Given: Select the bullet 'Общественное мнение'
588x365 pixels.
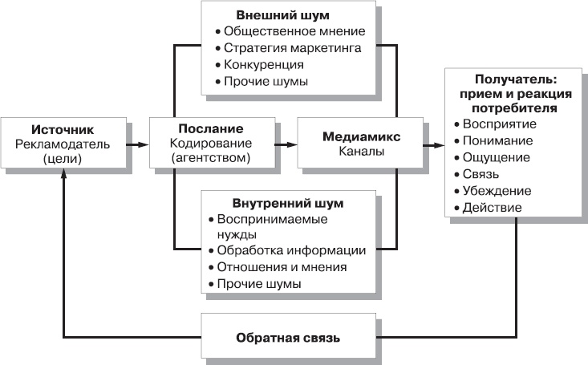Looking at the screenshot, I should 294,31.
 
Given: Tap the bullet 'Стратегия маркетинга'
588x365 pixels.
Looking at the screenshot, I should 293,48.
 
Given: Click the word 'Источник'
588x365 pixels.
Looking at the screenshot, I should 63,129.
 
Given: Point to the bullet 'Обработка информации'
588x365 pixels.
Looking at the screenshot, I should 292,250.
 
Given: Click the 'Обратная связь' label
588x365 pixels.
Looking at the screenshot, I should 288,338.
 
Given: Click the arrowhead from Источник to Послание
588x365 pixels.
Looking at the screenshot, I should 143,144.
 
